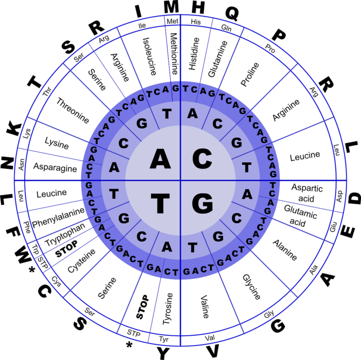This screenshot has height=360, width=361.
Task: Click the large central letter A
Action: [160, 159]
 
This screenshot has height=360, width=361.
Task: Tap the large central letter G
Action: [202, 204]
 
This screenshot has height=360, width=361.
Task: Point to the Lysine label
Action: [56, 143]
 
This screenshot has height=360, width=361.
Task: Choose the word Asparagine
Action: [55, 167]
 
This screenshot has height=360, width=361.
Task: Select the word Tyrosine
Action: [168, 309]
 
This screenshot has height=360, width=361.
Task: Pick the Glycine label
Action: [251, 287]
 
